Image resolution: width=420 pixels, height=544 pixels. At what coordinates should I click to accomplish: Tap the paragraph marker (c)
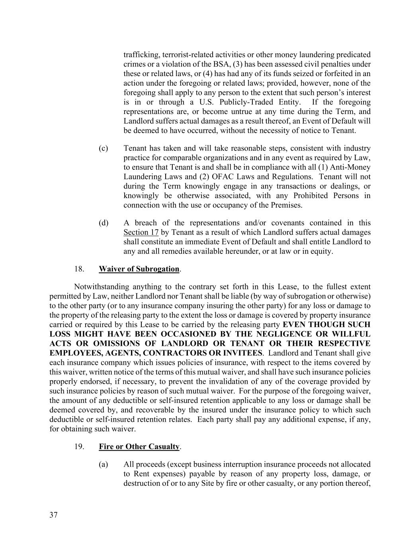pos(104,148)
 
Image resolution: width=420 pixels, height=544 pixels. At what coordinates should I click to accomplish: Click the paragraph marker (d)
pos(104,223)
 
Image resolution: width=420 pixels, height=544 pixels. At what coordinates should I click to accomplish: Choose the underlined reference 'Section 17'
pos(141,232)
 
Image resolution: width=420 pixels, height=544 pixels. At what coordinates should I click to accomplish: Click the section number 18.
pos(79,269)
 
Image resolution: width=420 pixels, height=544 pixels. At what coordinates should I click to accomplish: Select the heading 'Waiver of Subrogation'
pos(139,269)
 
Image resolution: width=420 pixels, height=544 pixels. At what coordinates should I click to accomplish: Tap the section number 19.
pos(79,447)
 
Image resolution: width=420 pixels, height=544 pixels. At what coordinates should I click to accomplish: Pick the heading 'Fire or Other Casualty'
pos(139,447)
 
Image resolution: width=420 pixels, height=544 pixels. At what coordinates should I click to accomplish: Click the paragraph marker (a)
pos(104,464)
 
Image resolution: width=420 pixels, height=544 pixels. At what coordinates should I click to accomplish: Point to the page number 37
pos(53,515)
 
